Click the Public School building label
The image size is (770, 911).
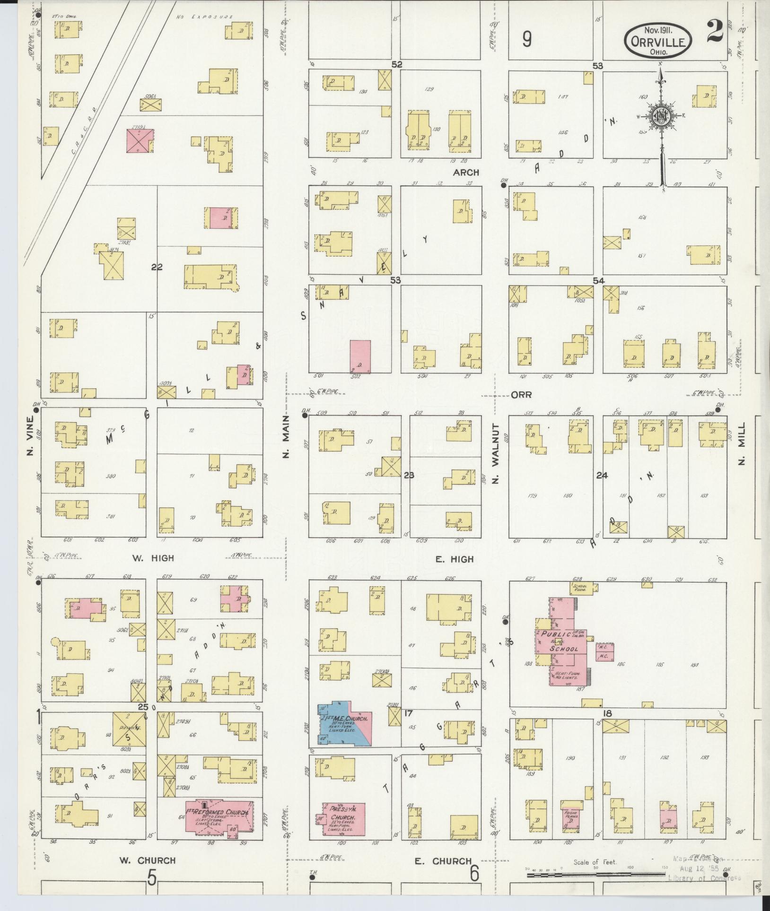pos(563,642)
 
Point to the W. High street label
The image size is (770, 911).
pos(153,558)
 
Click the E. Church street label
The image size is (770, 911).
pos(443,861)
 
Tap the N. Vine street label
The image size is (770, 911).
pos(30,436)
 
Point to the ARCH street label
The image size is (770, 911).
pos(466,173)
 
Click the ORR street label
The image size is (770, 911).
pos(522,394)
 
